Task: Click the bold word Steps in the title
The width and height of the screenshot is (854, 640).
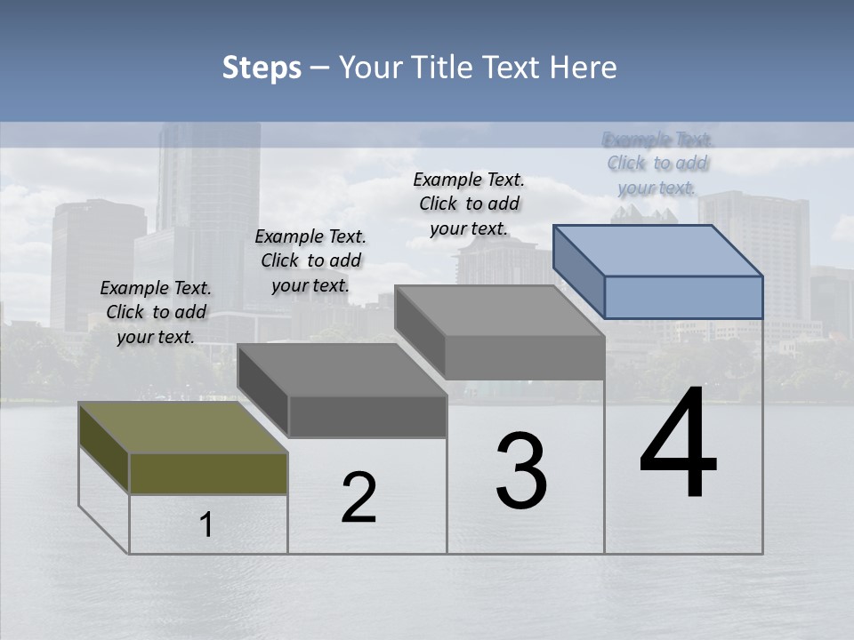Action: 262,68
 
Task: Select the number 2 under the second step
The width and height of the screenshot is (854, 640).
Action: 359,498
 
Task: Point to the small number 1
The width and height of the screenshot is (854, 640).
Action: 206,525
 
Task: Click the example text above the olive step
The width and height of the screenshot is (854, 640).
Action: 156,312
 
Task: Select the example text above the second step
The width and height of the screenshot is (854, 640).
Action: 310,260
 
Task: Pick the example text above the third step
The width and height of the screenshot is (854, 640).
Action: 469,204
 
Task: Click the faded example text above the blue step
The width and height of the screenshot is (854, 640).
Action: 657,164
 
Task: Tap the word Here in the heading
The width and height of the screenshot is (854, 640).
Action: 585,68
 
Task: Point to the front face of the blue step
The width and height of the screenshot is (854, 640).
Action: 683,297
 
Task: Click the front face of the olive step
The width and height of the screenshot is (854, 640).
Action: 208,473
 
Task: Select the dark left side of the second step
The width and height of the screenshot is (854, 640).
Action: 263,391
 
